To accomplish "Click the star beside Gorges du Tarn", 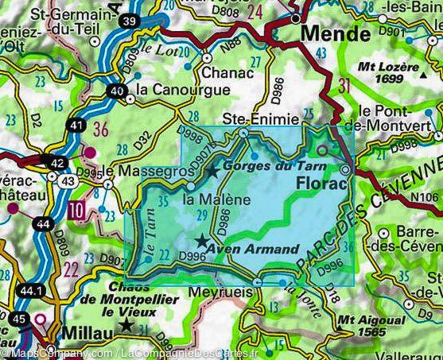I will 212,171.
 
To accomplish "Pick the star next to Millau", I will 124,327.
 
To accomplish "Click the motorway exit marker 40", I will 116,91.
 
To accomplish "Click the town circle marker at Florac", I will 346,170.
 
